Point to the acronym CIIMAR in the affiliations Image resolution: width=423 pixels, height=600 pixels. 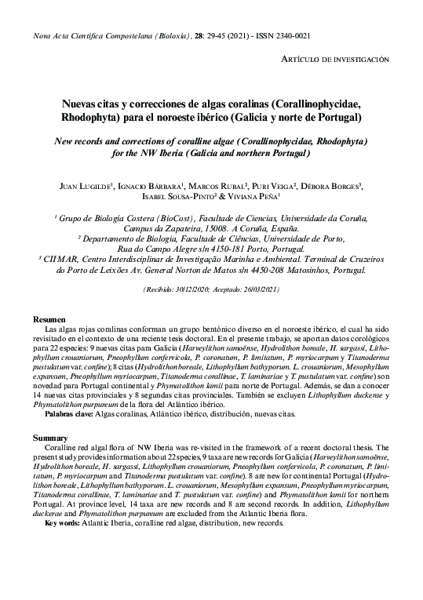(x=59, y=256)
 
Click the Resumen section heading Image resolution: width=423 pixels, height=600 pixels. (x=49, y=319)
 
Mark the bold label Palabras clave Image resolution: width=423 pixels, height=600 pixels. (x=69, y=413)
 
